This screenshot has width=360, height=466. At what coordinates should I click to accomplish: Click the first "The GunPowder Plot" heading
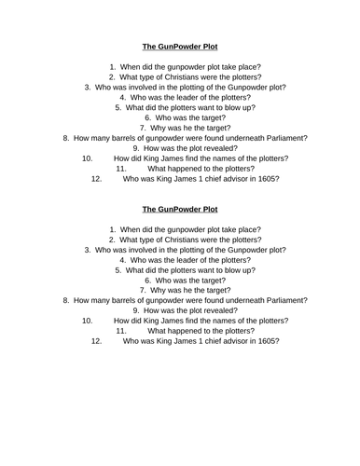(x=179, y=45)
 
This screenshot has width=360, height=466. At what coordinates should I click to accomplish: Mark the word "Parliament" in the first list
(x=282, y=138)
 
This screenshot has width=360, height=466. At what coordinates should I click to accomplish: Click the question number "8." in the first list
(x=65, y=138)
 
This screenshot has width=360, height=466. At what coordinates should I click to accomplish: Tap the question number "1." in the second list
(x=112, y=229)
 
